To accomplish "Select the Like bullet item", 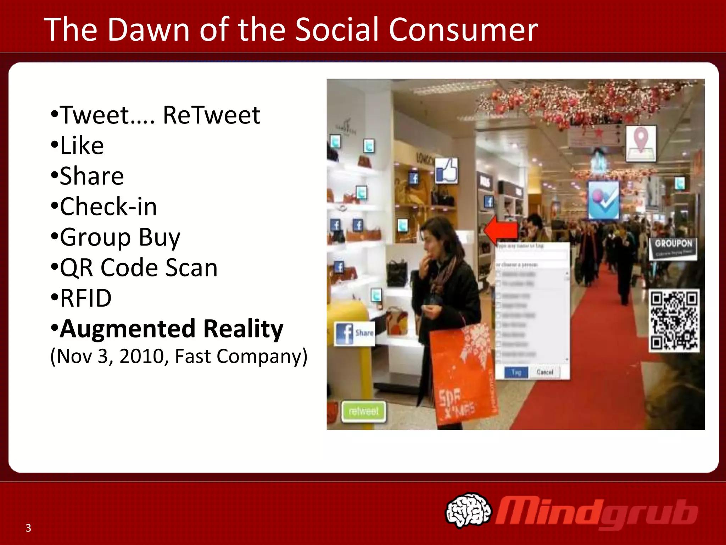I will [x=82, y=145].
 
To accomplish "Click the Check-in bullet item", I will [x=108, y=207].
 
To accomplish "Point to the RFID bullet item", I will [x=85, y=298].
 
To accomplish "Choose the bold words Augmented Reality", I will [x=171, y=329].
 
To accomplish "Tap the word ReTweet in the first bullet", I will [x=211, y=115].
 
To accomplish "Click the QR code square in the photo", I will [x=674, y=320].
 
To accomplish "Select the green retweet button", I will [x=363, y=411].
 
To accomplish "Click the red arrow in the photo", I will [x=501, y=230].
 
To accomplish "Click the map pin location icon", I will [x=641, y=143].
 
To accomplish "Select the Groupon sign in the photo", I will [x=673, y=248].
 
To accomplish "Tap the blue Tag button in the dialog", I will [x=516, y=372].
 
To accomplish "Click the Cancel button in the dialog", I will [x=544, y=372].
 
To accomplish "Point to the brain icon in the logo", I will [x=468, y=510].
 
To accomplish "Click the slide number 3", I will [x=28, y=528].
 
